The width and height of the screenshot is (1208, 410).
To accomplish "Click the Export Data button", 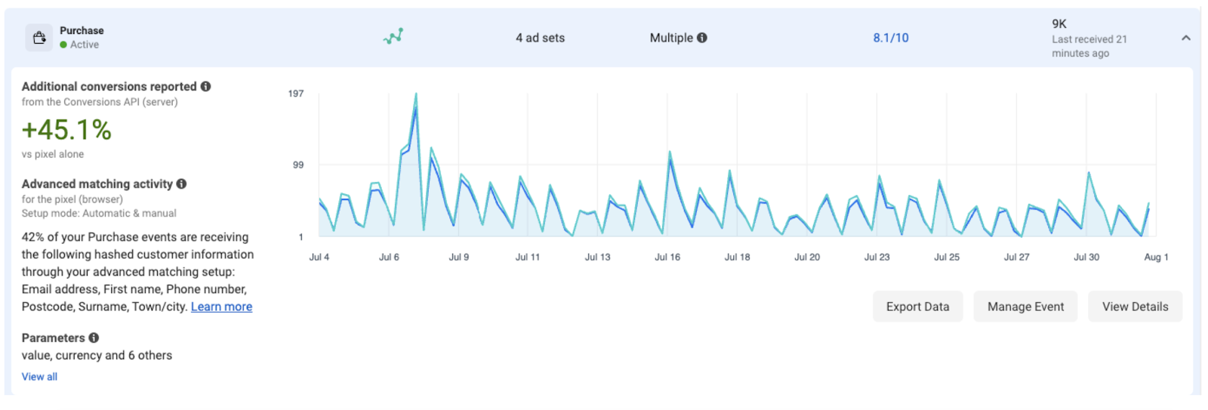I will (x=917, y=307).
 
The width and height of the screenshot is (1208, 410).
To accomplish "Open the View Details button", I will (x=1135, y=307).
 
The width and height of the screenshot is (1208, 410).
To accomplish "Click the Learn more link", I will (x=221, y=307).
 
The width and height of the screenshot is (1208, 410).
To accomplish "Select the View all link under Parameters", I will (x=39, y=377).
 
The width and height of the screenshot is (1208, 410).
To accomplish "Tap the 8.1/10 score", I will (x=891, y=38).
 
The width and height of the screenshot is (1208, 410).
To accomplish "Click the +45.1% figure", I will (x=66, y=130).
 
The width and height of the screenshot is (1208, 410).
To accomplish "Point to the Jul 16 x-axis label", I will (x=667, y=257).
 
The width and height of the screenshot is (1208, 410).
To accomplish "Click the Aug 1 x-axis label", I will (x=1156, y=257).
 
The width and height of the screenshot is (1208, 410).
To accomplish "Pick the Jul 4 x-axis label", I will (x=319, y=257).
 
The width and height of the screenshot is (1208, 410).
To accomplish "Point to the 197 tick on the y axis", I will (x=296, y=94).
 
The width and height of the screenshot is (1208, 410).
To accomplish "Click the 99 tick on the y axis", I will (x=298, y=165).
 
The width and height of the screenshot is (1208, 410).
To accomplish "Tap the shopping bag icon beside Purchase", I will (x=39, y=37).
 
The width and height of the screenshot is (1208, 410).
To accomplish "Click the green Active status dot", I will (x=63, y=45).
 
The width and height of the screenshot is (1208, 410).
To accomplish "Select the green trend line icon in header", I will (x=393, y=36).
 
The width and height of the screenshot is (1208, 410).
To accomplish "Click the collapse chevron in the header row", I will (x=1186, y=38).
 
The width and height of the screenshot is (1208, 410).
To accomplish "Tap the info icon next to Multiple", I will (x=702, y=38).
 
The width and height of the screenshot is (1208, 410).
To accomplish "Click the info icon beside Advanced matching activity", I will (x=181, y=183).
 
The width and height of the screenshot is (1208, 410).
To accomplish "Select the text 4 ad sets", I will (x=540, y=38).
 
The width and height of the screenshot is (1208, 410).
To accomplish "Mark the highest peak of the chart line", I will (x=416, y=94).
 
